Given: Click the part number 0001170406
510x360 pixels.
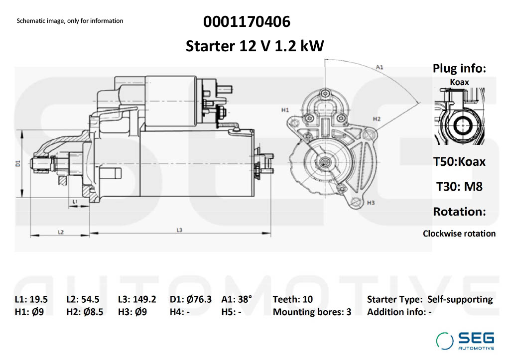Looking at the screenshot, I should coord(247,22).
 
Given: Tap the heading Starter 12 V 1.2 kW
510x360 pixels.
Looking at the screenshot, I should coord(255,46).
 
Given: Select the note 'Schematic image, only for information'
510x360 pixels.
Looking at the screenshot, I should coord(70,21).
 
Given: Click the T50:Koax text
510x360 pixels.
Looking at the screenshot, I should coord(459,161).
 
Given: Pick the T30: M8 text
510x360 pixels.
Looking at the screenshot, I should coord(459,186).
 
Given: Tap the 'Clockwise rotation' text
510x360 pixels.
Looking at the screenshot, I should coord(459,233).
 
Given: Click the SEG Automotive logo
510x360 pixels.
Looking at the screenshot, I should coord(465,341).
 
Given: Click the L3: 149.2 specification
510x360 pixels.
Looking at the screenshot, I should coord(137,299).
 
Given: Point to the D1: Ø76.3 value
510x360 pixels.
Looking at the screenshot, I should coord(191,299).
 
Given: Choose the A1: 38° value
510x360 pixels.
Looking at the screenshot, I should coord(237,299).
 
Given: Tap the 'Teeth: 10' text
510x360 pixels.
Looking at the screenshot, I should coord(293,299).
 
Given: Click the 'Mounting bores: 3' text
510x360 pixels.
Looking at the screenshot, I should coord(312,312).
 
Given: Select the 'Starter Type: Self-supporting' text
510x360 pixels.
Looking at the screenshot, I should coord(430,299).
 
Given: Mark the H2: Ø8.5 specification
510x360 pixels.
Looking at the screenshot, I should coord(85,312).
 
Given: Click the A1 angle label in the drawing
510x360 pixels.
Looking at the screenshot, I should coord(380,66).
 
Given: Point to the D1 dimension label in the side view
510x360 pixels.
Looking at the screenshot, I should coord(18,163).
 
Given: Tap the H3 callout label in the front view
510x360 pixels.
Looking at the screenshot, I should coord(371,203).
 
